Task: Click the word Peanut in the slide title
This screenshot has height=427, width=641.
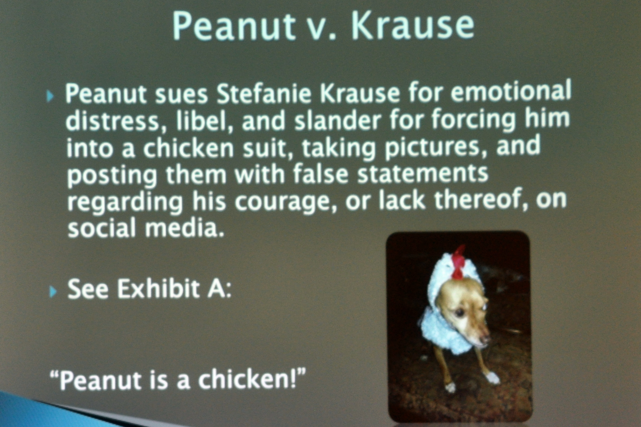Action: pyautogui.click(x=234, y=27)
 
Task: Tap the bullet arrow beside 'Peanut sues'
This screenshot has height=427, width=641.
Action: pyautogui.click(x=49, y=97)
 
